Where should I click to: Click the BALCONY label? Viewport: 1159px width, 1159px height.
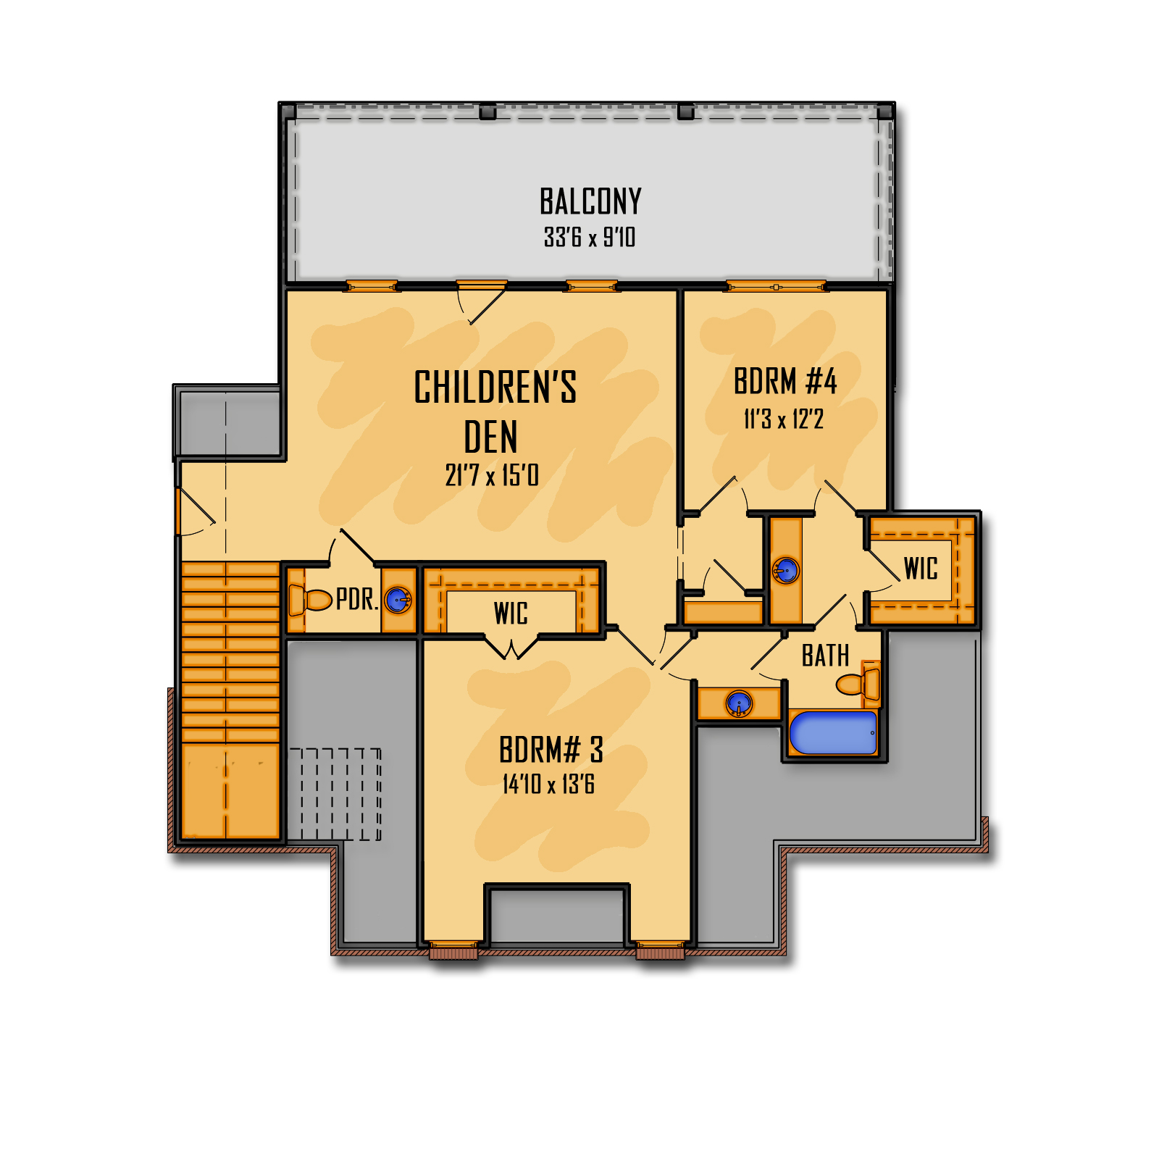point(590,201)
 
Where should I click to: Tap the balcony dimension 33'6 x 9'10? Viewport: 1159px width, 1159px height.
point(590,238)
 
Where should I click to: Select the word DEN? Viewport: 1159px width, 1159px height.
point(490,438)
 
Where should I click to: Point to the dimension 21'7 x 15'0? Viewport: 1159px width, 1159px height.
point(492,476)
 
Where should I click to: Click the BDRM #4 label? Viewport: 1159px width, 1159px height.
point(785,382)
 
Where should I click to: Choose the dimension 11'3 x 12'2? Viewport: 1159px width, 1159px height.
point(784,419)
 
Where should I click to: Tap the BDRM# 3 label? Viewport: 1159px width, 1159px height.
point(551,750)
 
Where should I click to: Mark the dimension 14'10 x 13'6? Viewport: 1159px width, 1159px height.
point(548,784)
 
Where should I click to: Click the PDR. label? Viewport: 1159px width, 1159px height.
point(357,600)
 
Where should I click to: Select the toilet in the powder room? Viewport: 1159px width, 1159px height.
point(309,600)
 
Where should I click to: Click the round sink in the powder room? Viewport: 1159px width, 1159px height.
point(397,600)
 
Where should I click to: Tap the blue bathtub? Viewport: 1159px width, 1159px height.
point(833,732)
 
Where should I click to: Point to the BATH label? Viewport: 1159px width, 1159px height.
point(825,656)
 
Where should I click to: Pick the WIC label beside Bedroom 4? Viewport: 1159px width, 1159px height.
point(921,569)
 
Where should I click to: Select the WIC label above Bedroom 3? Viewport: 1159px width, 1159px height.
point(511,614)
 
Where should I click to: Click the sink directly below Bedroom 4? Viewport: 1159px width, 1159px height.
point(786,571)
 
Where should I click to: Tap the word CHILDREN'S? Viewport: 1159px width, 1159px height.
point(495,387)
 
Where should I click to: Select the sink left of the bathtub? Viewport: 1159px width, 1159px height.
point(739,703)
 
